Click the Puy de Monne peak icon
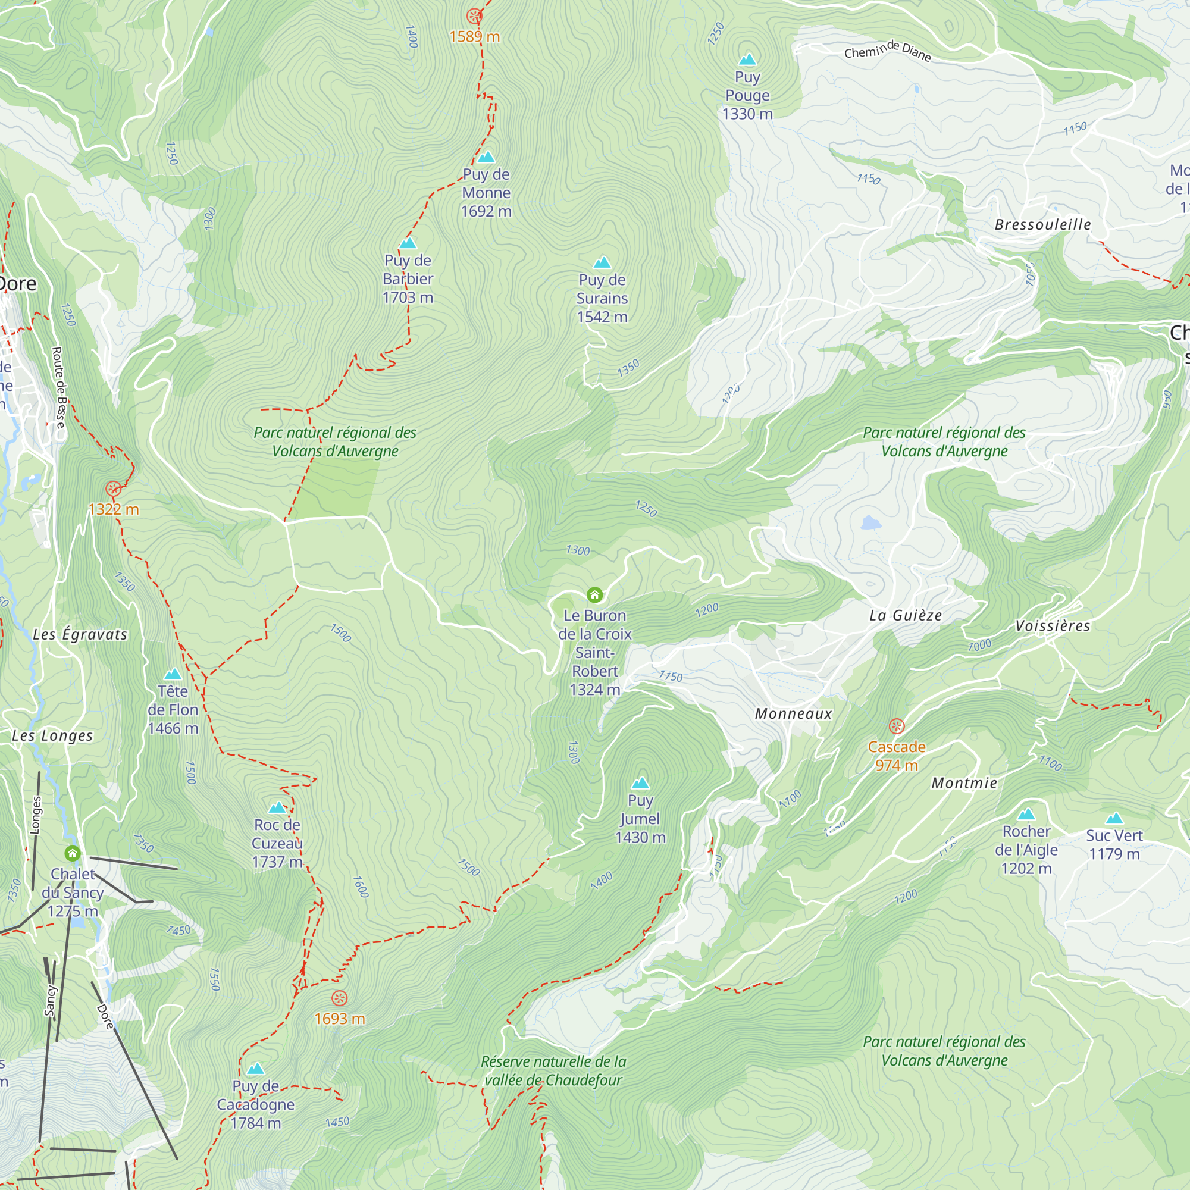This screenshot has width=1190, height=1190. click(x=486, y=157)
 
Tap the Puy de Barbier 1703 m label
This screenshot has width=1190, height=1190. click(x=408, y=279)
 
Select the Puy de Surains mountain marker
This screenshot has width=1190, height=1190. click(x=602, y=263)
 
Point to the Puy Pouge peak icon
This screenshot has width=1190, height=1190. click(x=747, y=59)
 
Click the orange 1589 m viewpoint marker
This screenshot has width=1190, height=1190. click(x=474, y=17)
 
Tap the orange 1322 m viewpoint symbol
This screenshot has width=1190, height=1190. click(x=112, y=489)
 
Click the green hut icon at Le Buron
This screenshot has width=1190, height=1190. click(x=594, y=595)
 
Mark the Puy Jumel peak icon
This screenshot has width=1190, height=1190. click(x=640, y=784)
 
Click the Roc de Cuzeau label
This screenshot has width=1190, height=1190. click(x=277, y=843)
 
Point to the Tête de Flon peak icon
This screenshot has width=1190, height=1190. click(x=173, y=675)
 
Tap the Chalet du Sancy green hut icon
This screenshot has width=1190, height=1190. click(x=73, y=854)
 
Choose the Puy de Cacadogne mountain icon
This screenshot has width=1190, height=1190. click(x=256, y=1069)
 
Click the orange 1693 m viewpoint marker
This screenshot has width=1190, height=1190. click(x=339, y=998)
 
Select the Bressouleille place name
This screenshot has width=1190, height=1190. click(x=1042, y=225)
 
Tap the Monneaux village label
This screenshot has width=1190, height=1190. click(x=793, y=714)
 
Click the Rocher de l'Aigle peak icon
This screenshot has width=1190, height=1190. click(x=1026, y=815)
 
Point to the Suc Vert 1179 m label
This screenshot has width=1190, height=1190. click(x=1114, y=844)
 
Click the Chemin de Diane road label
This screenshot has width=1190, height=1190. click(x=887, y=51)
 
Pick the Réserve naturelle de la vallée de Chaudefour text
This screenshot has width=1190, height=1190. click(x=553, y=1070)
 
